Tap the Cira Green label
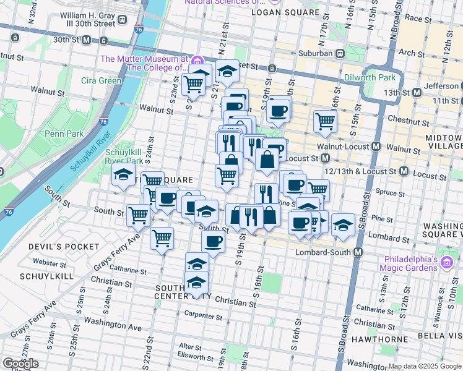point(102,80)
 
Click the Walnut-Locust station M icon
point(375,147)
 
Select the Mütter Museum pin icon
point(197,60)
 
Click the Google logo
point(21,364)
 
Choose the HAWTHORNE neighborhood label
point(377,339)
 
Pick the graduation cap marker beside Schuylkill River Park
point(123,174)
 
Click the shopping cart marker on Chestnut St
point(325,121)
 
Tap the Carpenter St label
point(203,316)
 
